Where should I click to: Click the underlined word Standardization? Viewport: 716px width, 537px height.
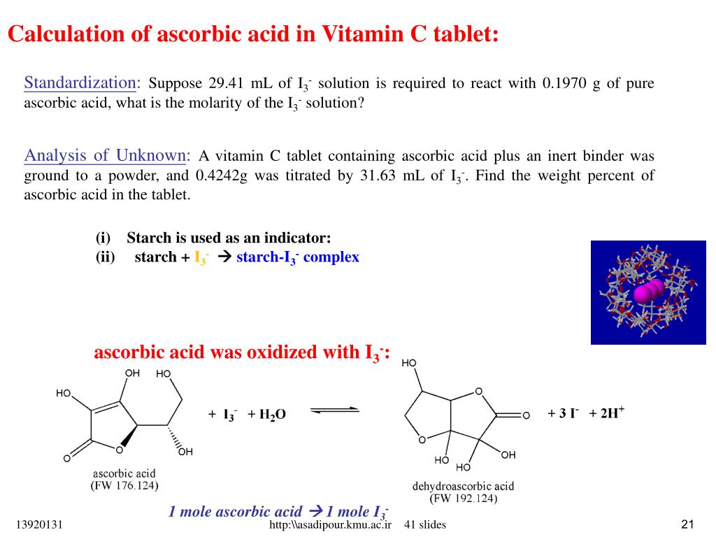click(x=79, y=83)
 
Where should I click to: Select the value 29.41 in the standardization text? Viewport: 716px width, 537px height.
click(x=225, y=84)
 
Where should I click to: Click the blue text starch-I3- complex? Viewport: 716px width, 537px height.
click(x=298, y=257)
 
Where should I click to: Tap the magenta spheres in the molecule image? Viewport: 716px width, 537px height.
click(x=648, y=292)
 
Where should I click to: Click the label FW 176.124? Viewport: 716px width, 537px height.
click(x=124, y=485)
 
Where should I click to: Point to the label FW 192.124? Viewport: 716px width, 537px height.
click(x=464, y=499)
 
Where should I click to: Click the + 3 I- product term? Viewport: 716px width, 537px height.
click(x=563, y=413)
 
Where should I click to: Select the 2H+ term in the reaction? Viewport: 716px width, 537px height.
click(x=608, y=413)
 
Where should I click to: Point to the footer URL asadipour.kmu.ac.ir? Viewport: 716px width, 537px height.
click(x=330, y=525)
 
